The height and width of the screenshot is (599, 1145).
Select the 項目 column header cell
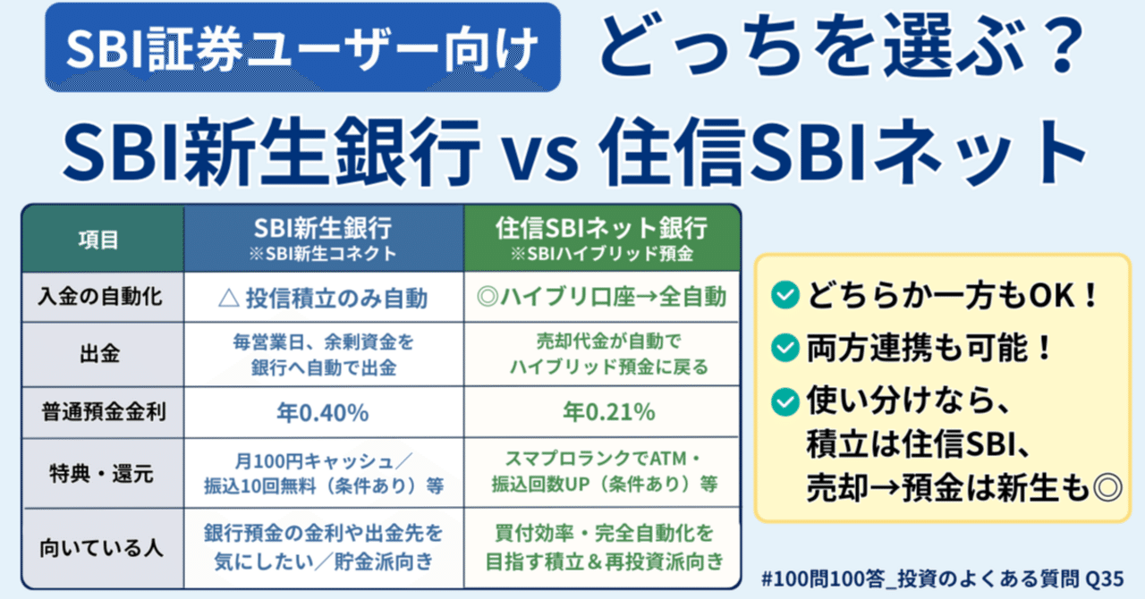tap(104, 240)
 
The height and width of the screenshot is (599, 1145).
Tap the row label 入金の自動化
tap(104, 296)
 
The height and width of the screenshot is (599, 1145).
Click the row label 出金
tap(104, 354)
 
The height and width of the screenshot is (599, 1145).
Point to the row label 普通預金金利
tap(104, 413)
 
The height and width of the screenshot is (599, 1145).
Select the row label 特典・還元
tap(104, 473)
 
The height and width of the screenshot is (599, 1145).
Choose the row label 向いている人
tap(104, 547)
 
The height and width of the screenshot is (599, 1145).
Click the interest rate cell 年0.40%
tap(324, 413)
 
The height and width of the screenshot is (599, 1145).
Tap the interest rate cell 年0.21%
tap(602, 413)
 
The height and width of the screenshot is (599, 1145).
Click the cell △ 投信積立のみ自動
tap(324, 296)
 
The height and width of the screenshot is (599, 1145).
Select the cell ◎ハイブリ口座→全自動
tap(602, 296)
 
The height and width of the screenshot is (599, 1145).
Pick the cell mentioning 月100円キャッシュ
tap(324, 473)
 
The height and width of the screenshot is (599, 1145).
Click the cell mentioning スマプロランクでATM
tap(602, 473)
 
